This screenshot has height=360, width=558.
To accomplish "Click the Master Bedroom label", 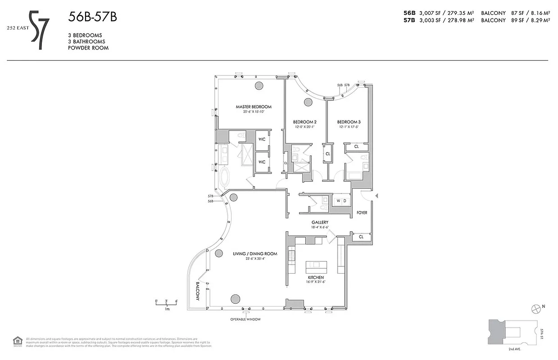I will pos(254,107).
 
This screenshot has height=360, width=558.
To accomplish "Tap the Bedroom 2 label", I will pos(304,122).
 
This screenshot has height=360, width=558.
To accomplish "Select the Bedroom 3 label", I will pos(349,122).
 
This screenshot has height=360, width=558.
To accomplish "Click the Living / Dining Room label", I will pos(255,254).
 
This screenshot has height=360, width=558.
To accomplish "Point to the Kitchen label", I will pos(316,277).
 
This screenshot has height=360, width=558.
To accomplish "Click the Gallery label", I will pos(320,222).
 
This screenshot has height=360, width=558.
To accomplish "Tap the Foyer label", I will pos(362,212).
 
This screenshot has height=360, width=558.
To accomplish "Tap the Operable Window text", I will pos(245,319).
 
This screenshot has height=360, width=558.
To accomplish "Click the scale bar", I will pos(167,305).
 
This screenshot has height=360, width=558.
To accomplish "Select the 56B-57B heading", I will pos(92,17).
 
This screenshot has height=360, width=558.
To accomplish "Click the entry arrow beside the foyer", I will pos(377,195).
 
